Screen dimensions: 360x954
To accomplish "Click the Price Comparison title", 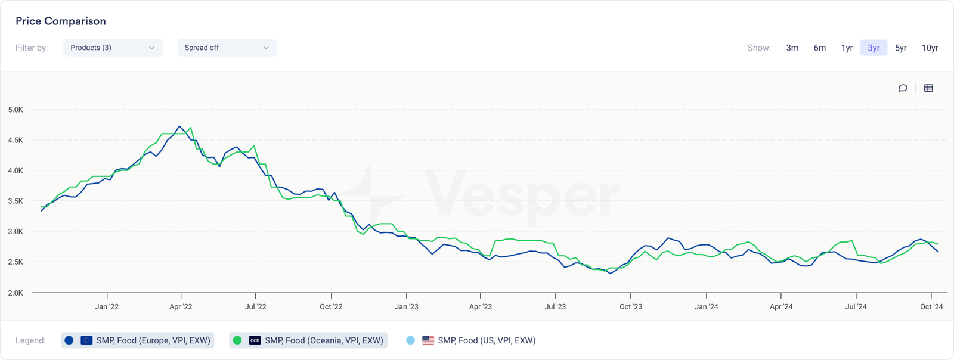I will click(61, 21).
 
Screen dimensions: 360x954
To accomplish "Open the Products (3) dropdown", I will click(113, 48).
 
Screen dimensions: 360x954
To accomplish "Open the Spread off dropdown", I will click(227, 48).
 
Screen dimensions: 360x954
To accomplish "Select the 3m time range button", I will click(792, 48).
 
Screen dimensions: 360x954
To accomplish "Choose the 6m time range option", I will click(820, 48).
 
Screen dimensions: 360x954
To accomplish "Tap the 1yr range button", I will click(847, 48).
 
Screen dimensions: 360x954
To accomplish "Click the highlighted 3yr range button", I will click(874, 48).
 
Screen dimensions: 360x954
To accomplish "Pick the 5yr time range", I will click(900, 48).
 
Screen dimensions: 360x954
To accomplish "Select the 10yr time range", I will click(930, 48).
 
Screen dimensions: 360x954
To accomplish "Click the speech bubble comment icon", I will click(903, 88).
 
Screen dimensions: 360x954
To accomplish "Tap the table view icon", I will click(928, 88).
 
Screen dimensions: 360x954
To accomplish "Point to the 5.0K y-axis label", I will click(16, 110).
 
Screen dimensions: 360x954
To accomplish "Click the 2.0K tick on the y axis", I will click(16, 293).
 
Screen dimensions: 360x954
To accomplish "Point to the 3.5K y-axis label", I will click(16, 201).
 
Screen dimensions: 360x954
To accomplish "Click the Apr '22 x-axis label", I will click(181, 306).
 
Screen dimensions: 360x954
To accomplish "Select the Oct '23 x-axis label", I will click(631, 306).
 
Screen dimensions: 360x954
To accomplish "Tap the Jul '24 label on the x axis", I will click(856, 306).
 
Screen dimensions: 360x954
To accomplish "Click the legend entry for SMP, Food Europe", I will click(137, 340).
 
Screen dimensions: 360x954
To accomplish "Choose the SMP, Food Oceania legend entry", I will click(308, 340).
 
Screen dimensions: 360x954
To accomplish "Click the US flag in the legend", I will click(428, 340).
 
